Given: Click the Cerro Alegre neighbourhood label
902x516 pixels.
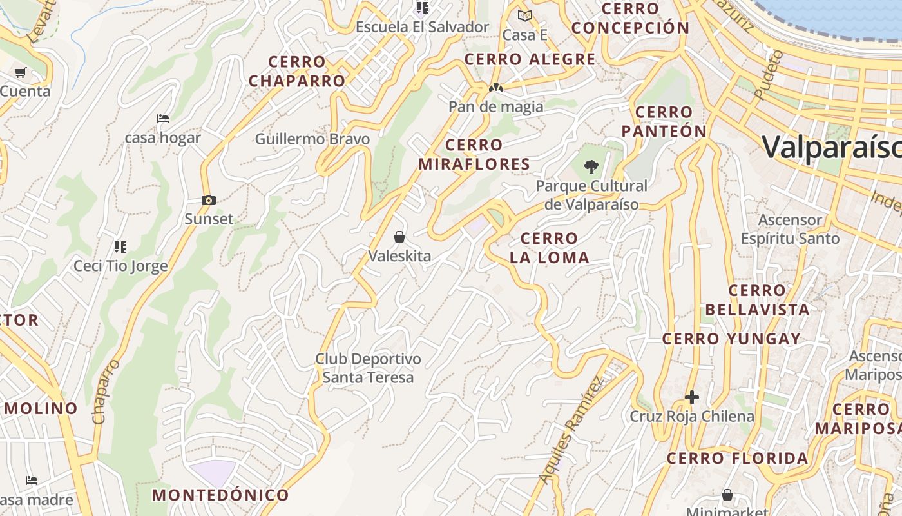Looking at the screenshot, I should point(530,59).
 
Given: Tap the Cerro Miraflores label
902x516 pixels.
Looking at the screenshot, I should point(474,154).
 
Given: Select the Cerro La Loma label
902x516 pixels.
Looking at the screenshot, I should point(549,248).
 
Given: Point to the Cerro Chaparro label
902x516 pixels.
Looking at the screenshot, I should point(297,72).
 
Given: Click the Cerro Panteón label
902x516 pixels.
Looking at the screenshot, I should point(664,121).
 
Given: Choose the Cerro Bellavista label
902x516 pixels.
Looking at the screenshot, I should point(757,300).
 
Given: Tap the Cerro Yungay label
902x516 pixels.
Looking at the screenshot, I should point(731,339).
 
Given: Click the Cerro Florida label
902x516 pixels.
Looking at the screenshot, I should point(737,459).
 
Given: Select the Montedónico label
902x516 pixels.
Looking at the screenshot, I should point(220,495).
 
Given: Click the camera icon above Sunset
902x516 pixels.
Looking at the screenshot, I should point(208,201).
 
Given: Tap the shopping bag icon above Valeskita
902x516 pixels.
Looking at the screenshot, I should point(399,237).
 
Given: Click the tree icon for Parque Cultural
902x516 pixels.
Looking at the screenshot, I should point(591,168).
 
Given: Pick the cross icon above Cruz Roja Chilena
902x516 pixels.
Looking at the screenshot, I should point(692,397).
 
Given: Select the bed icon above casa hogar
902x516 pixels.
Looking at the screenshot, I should point(163,119).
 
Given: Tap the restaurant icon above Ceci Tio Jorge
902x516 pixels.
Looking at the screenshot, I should point(120,246).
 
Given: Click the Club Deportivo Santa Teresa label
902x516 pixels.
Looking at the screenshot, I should point(368,368).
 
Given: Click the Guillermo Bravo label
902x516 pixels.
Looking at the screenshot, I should point(312,139).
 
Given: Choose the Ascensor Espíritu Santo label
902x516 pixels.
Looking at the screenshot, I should point(790,229).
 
